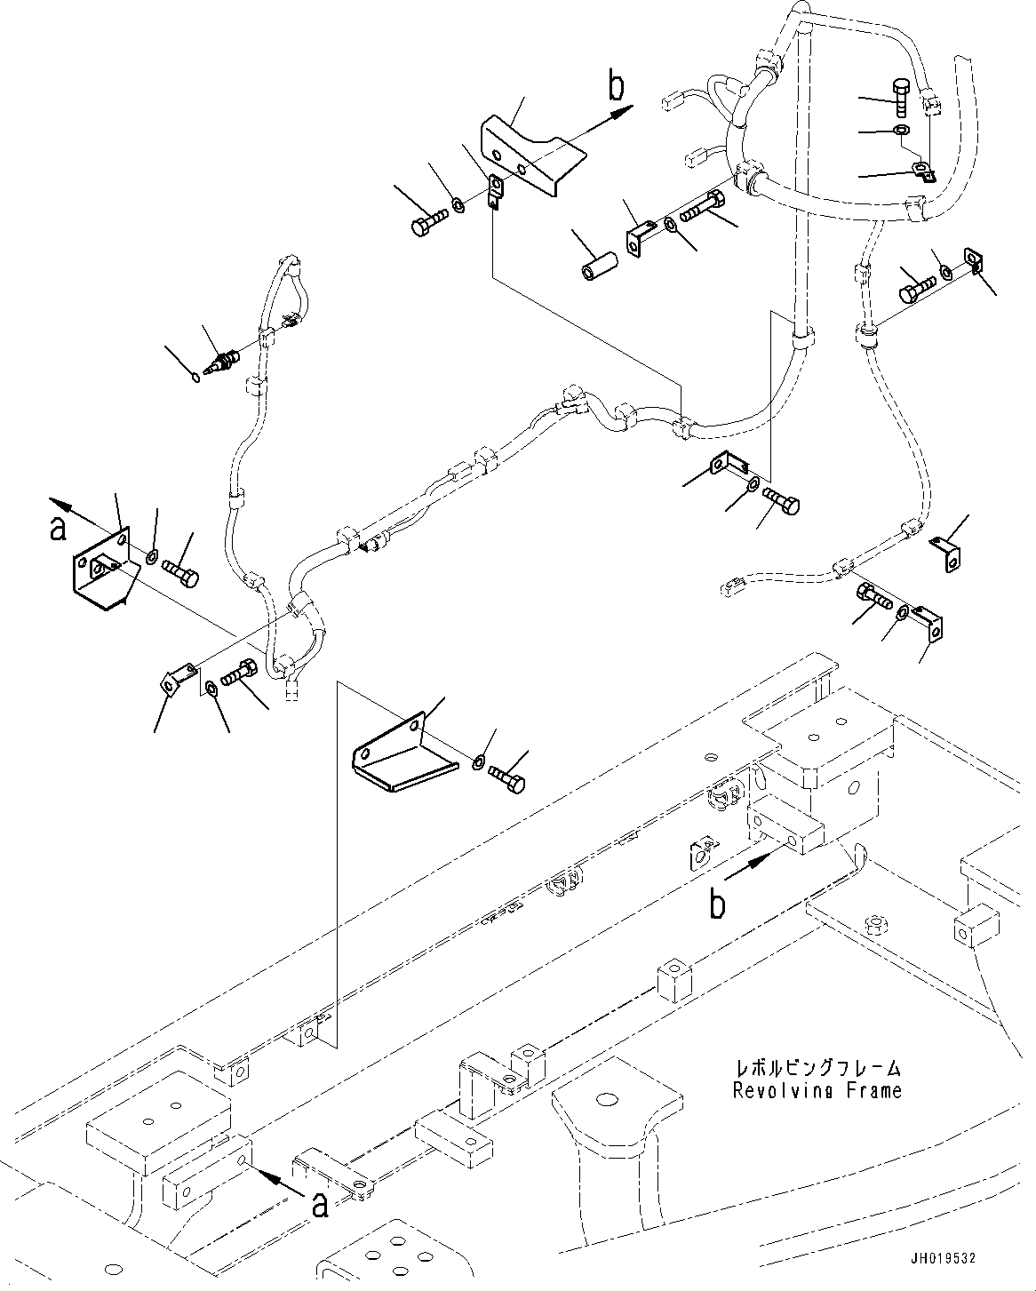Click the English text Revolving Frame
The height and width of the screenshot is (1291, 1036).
817,1090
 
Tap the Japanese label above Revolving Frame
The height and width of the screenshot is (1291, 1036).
817,1068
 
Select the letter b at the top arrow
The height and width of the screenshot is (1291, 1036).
616,88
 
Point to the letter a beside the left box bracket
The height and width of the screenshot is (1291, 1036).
59,528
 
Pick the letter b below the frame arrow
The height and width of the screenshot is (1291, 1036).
717,904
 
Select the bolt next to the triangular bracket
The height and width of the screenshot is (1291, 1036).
507,780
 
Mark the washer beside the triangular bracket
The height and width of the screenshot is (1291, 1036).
479,762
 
